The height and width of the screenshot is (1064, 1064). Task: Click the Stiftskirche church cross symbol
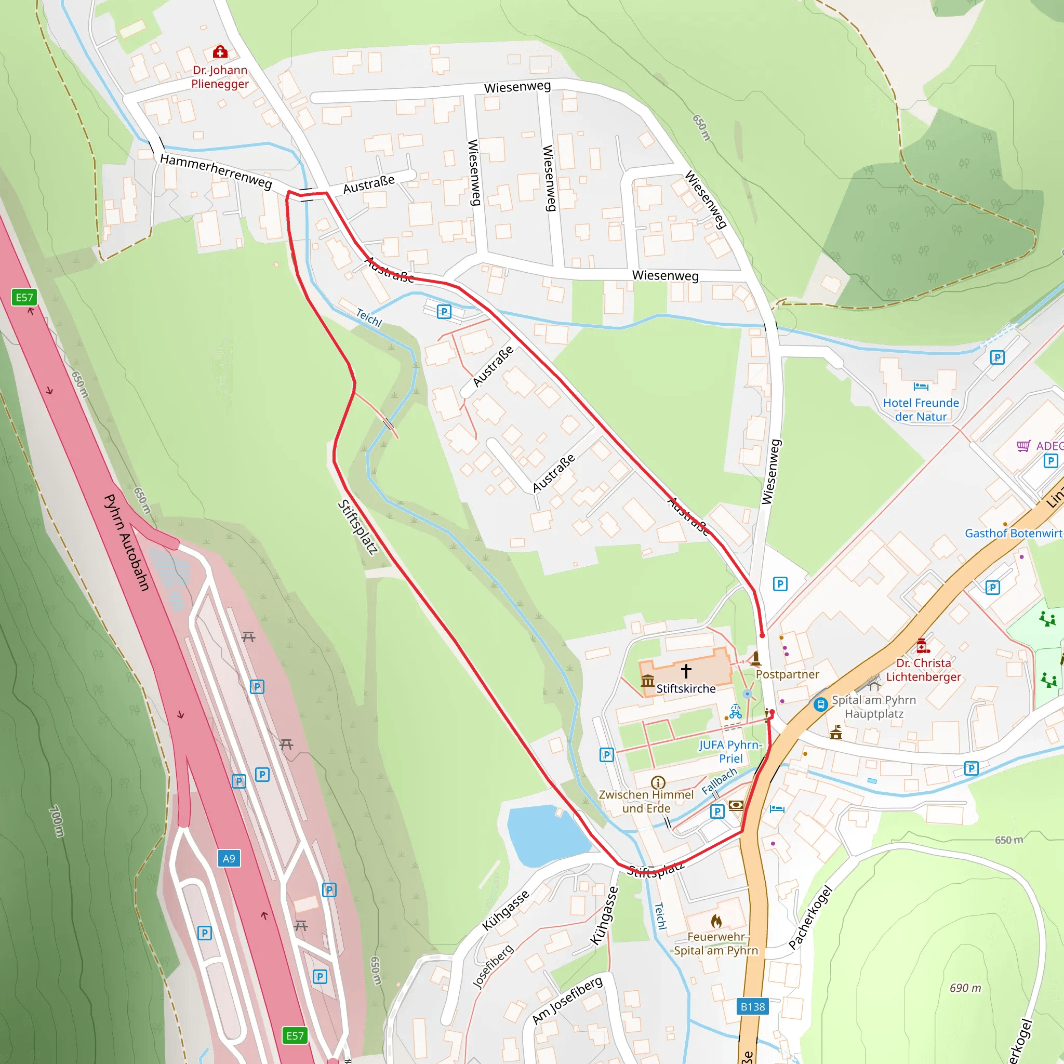coord(686,670)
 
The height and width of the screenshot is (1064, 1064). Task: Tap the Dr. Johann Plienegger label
coord(220,77)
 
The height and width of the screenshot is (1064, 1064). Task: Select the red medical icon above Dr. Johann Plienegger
coord(220,52)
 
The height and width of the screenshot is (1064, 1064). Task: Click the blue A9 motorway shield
coord(229,859)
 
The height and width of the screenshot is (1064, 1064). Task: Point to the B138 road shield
coord(752,1007)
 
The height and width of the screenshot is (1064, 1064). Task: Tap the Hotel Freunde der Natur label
coord(921,410)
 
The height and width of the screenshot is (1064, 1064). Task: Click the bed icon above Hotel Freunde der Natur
coord(921,387)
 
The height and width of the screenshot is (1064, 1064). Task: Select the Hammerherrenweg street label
coord(216,171)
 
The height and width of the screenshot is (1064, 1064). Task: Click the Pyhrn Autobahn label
coord(127,542)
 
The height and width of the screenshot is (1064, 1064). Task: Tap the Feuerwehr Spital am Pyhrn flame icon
coord(716,921)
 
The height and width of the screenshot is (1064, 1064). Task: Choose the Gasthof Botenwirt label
coord(1013,533)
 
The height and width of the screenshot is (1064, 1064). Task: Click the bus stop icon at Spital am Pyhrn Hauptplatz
coord(820,704)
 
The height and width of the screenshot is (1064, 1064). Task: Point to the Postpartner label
coord(787,674)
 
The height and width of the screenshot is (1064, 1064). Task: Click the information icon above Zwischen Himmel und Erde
coord(658,782)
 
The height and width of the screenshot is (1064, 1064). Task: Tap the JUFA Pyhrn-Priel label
coord(730,752)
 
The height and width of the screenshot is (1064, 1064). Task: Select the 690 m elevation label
coord(965,988)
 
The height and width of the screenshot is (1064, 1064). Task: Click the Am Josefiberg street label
coord(567,1000)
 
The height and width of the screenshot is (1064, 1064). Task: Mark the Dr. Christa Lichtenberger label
coord(924,670)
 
